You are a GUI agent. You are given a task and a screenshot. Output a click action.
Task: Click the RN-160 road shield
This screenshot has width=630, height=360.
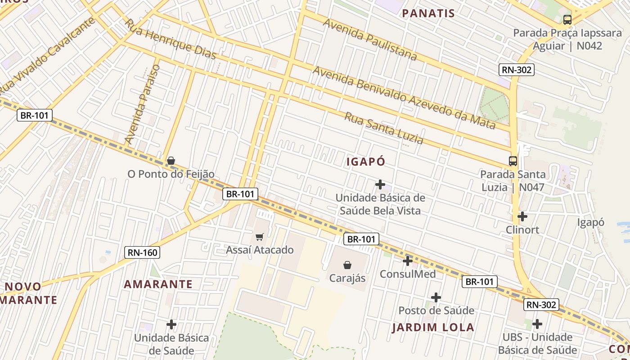tap(142, 252)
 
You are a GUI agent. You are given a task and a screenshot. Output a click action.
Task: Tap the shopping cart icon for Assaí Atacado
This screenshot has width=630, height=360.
tap(259, 237)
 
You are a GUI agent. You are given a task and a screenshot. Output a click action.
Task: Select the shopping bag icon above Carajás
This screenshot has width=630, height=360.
tap(347, 265)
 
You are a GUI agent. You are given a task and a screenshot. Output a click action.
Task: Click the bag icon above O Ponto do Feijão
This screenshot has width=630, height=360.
tap(171, 161)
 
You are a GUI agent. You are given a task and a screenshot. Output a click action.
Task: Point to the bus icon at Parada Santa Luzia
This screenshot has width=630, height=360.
tap(513, 161)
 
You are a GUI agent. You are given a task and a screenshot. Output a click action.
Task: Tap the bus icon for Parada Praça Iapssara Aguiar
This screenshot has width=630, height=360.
tap(567, 19)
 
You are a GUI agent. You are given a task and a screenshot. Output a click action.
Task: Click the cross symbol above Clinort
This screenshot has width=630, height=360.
tap(522, 216)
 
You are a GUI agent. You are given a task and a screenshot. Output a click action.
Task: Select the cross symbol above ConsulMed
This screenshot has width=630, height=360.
tap(407, 261)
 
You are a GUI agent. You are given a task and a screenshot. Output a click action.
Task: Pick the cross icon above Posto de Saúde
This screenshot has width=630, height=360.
tap(436, 297)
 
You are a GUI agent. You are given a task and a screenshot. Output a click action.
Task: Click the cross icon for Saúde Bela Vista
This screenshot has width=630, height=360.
tap(380, 184)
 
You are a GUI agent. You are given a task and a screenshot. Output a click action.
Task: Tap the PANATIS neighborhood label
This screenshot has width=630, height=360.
tap(428, 13)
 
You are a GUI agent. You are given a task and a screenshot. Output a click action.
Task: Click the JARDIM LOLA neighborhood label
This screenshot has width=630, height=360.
tap(433, 327)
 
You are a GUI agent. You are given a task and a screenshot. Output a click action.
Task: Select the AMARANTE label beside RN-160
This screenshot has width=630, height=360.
tap(158, 284)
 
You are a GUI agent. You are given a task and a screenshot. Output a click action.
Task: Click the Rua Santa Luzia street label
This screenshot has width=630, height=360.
tap(384, 128)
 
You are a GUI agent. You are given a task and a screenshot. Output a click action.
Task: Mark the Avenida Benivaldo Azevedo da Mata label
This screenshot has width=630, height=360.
tap(404, 97)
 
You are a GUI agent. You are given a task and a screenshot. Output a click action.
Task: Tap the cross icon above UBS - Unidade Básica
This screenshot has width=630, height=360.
tap(537, 324)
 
